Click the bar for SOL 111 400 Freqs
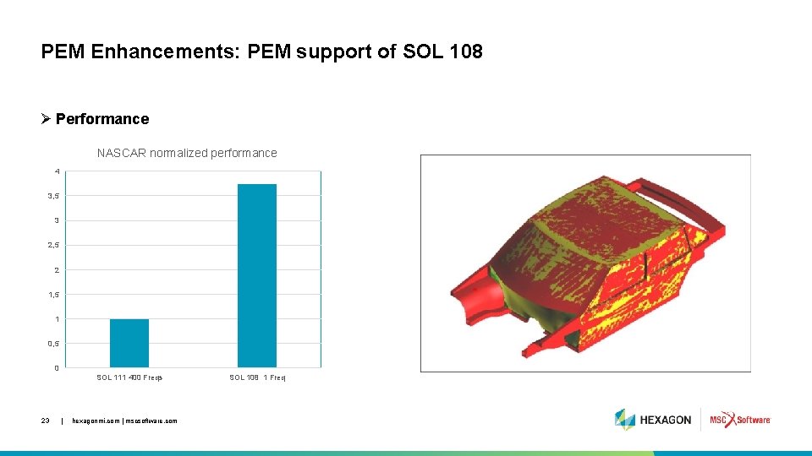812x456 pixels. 129,343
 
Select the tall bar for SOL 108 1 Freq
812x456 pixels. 257,275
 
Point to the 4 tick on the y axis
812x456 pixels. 57,171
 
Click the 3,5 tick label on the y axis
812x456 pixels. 54,196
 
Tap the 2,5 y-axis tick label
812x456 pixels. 54,245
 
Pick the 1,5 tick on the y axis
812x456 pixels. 54,294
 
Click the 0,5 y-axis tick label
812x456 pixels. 54,343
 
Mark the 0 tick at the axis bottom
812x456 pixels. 57,367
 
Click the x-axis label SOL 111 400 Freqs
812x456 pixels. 129,377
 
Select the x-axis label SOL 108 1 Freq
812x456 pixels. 258,377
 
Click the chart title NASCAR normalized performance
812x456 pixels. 187,153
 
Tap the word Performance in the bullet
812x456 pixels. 102,119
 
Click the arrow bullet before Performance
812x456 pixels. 47,119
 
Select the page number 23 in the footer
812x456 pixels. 46,420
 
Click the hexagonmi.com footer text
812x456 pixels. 125,420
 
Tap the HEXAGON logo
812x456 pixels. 654,419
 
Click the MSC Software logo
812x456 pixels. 740,419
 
